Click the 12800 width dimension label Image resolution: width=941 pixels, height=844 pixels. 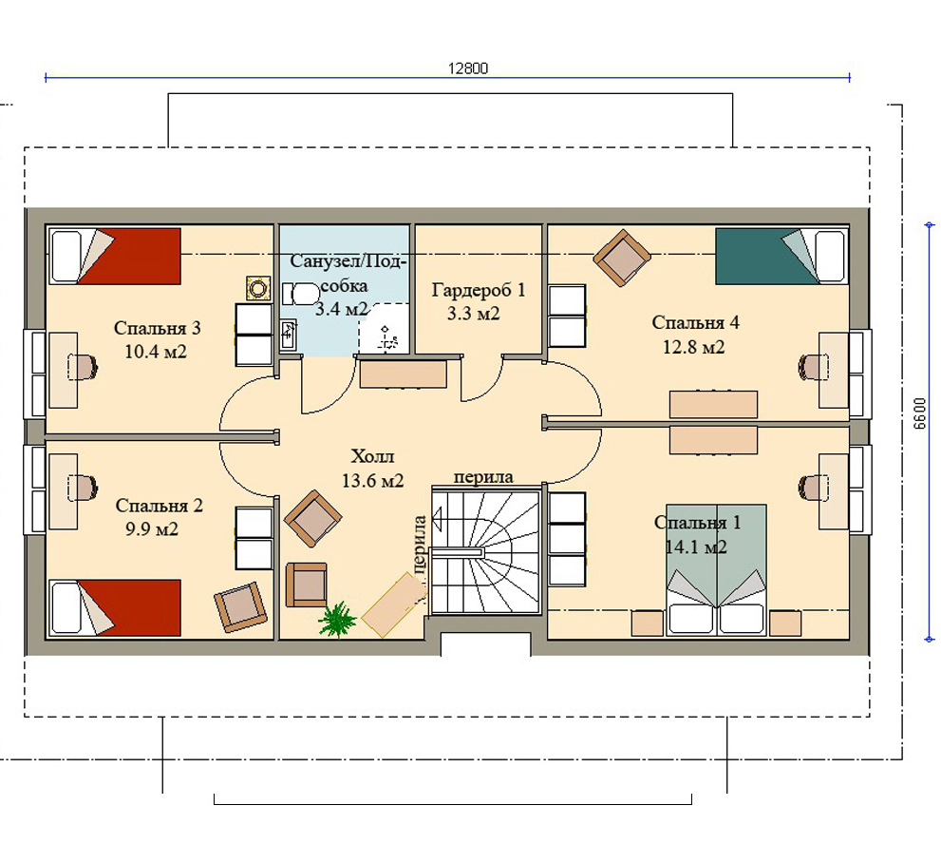(468, 67)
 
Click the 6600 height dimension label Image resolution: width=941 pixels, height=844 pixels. (920, 412)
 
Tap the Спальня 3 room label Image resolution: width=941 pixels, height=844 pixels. (158, 328)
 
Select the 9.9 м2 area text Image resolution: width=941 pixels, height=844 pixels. (152, 529)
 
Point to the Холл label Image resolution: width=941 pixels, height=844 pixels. (372, 456)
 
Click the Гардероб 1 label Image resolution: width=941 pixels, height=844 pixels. (479, 290)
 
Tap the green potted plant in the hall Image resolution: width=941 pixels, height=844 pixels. (337, 619)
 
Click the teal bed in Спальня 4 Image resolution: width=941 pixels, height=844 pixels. (781, 256)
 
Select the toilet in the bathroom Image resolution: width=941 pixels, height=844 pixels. (301, 294)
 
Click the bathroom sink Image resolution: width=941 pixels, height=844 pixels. (288, 335)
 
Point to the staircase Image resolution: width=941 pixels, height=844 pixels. (485, 552)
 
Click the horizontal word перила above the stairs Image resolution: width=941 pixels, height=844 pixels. (483, 477)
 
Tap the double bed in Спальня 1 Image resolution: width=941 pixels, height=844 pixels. (715, 569)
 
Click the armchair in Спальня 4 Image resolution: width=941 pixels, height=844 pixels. (622, 258)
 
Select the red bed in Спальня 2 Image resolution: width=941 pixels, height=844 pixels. (115, 607)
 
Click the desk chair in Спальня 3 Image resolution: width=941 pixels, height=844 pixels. (83, 367)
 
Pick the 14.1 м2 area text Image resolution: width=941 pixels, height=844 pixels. (696, 547)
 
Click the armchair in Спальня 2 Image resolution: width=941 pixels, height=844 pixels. (240, 606)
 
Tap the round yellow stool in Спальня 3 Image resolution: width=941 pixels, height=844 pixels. (258, 289)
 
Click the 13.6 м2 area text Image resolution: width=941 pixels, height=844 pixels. (372, 481)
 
